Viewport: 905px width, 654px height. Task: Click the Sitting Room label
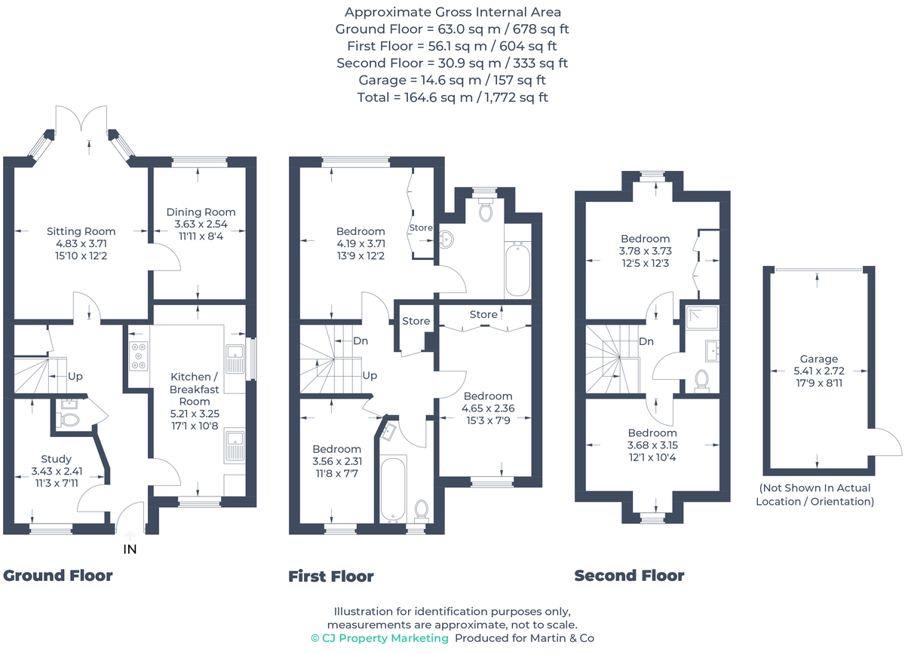[x=81, y=231]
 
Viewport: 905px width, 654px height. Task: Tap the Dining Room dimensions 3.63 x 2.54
[x=201, y=224]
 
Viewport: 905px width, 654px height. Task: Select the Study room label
[x=57, y=459]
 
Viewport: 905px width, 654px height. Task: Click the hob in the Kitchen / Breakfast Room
[x=138, y=355]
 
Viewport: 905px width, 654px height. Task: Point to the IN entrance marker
[x=130, y=549]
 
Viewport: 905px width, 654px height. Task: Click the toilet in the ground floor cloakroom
[x=69, y=420]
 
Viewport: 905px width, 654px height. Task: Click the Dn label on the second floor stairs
[x=646, y=341]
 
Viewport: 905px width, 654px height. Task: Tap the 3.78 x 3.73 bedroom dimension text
[x=645, y=251]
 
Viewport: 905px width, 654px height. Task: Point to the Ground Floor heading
[x=58, y=576]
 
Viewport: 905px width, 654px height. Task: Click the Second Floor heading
[x=629, y=576]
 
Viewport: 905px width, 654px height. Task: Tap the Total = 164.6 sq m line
[x=452, y=96]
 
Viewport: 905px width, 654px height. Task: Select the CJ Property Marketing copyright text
[x=380, y=638]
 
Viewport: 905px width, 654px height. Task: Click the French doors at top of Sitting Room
[x=83, y=122]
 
